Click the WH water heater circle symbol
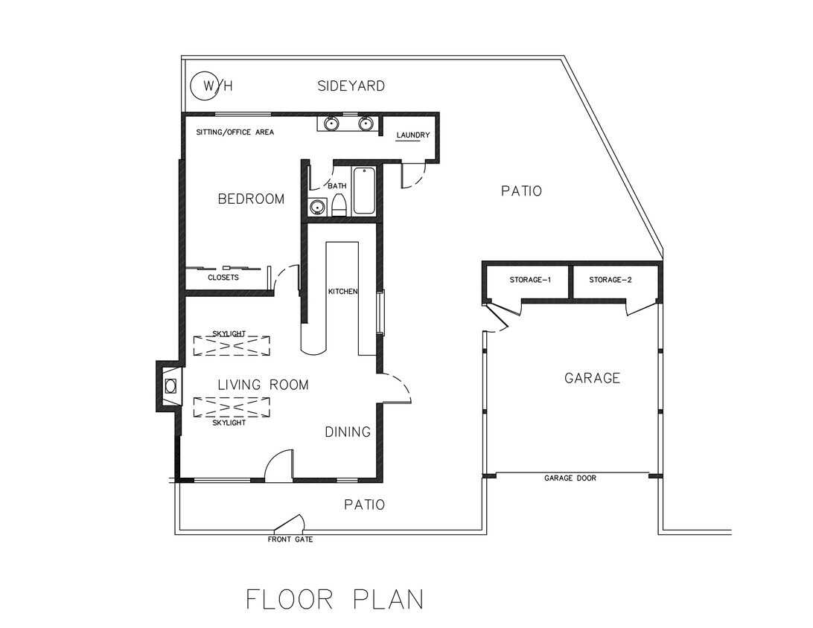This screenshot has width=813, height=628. (204, 86)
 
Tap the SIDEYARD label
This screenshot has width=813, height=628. (351, 86)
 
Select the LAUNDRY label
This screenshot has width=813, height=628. (413, 135)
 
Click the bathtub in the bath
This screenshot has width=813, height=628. (364, 191)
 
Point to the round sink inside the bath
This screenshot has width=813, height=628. (317, 208)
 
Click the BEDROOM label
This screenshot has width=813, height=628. (251, 199)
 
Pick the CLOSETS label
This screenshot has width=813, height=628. (223, 278)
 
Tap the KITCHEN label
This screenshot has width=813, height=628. (343, 291)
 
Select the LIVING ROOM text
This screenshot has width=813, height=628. (263, 385)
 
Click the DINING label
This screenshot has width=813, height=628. (348, 432)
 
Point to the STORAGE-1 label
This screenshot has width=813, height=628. (530, 281)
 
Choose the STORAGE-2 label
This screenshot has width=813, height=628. (610, 281)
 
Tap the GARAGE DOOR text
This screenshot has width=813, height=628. (570, 478)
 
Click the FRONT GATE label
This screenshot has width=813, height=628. (290, 539)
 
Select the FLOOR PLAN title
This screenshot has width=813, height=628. (335, 599)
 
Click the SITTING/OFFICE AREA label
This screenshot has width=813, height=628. (235, 132)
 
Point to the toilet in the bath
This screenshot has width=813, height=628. (339, 205)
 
